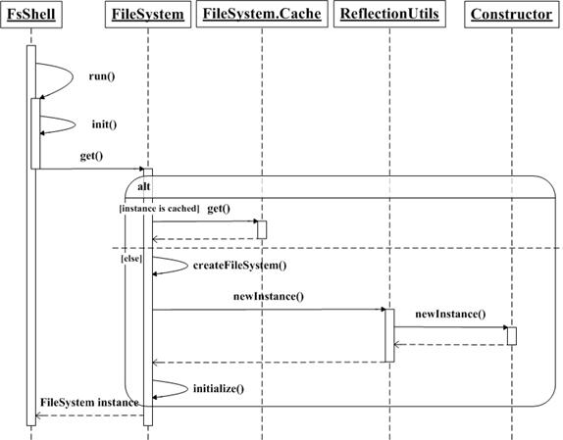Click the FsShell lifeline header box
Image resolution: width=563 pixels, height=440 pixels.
(31, 15)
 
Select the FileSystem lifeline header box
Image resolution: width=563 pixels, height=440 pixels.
(148, 15)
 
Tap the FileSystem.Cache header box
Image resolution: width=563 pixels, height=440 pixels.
(262, 14)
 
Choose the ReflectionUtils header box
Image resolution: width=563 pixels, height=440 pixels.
(389, 14)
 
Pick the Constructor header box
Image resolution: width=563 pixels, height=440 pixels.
(512, 15)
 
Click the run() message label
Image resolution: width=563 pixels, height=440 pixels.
(102, 76)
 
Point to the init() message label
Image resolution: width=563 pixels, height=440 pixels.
(105, 124)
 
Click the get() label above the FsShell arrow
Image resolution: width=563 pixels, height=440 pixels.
(91, 156)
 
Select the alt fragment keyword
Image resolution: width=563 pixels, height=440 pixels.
(143, 186)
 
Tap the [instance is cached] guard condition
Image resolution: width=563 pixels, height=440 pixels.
(159, 209)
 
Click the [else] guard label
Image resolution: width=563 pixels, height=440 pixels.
(131, 258)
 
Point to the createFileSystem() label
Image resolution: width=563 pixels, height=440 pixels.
(240, 266)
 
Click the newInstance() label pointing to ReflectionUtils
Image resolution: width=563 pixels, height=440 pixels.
(269, 297)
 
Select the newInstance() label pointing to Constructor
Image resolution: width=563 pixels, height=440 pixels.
(450, 315)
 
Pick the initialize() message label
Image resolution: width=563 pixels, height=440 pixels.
(219, 389)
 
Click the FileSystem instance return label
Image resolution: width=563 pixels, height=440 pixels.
(89, 403)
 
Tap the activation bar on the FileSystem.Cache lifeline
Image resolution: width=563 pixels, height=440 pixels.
(262, 229)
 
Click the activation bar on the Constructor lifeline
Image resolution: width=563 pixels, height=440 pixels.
(512, 336)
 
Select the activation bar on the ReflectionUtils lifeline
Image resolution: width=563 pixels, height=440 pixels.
(389, 335)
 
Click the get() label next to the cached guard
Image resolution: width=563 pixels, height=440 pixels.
(219, 209)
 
